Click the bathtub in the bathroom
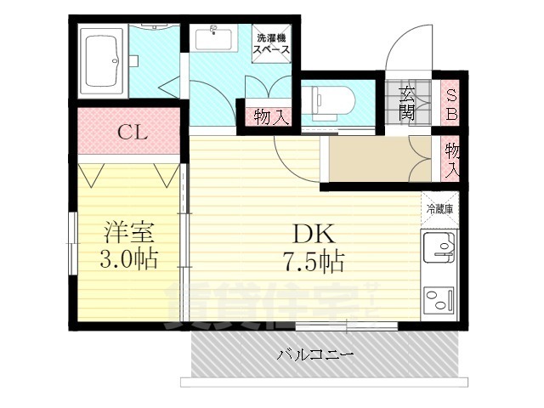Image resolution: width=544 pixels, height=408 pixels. [x=101, y=59]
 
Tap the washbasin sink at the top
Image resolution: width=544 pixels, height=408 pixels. [x=211, y=41]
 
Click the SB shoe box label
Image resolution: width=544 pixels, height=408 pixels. [x=451, y=102]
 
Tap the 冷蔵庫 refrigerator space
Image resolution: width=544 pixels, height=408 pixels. [x=440, y=208]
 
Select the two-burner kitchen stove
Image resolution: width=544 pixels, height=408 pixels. [x=440, y=299]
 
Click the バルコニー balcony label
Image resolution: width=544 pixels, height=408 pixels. [x=314, y=354]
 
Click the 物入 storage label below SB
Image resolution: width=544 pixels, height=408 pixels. [x=452, y=160]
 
